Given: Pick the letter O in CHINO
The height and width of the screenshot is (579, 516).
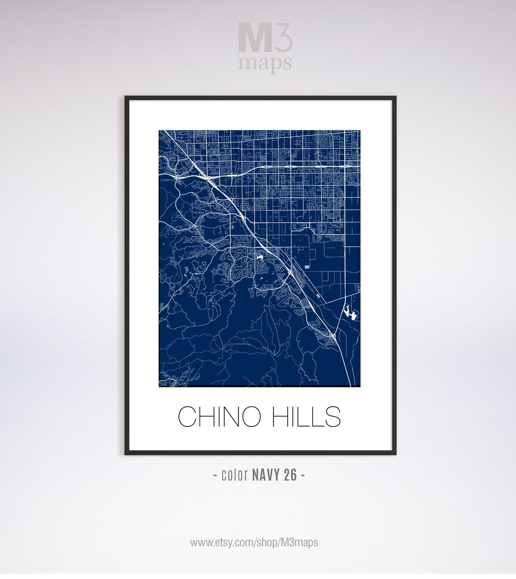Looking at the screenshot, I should [250, 417].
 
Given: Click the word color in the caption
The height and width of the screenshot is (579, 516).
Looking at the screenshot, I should [235, 475].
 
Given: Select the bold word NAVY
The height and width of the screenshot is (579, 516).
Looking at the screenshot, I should [266, 475].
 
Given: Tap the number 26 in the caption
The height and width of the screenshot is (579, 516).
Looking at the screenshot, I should [290, 475].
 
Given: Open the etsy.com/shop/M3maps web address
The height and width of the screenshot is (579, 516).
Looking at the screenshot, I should [254, 542].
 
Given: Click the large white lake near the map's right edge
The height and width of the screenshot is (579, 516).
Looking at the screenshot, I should [350, 313].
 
